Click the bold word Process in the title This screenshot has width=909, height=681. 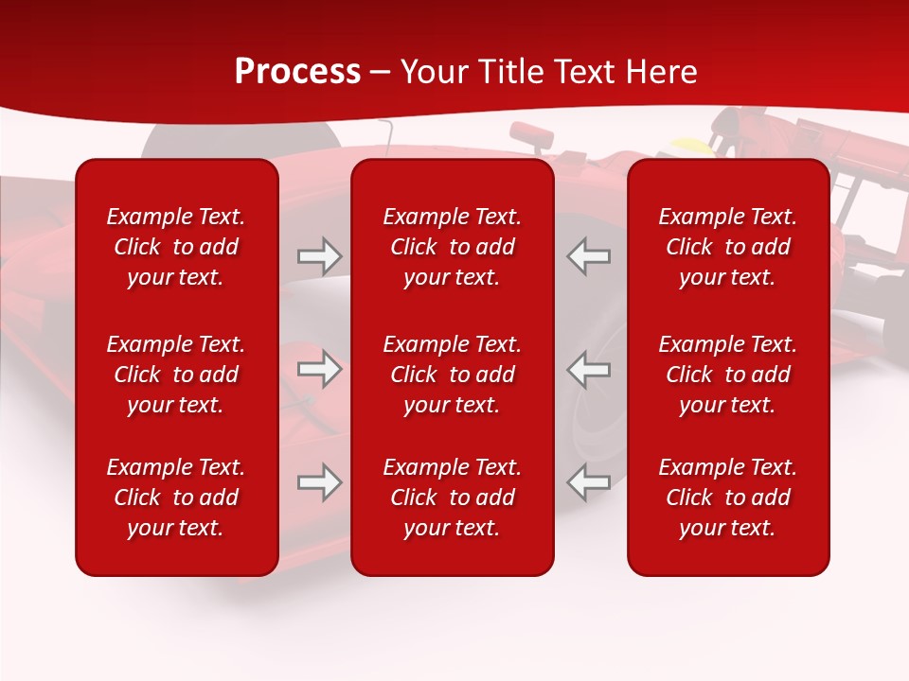point(297,72)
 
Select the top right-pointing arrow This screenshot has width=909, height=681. point(319,256)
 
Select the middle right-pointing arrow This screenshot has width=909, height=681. point(319,369)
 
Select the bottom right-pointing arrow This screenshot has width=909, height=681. point(319,482)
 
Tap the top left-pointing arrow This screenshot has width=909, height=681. point(589,256)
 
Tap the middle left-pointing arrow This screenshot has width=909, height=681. point(589,369)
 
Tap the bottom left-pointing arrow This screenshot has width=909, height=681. point(589,482)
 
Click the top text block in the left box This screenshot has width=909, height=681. point(176,247)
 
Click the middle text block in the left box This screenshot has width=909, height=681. point(176,375)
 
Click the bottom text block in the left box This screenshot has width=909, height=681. point(176,498)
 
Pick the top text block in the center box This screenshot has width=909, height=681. point(452,247)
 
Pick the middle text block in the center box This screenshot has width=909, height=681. point(452,375)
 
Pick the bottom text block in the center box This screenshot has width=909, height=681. point(452,498)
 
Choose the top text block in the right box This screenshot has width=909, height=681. point(727,247)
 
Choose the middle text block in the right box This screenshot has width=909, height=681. point(727,375)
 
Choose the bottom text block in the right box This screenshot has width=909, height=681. point(727,498)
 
